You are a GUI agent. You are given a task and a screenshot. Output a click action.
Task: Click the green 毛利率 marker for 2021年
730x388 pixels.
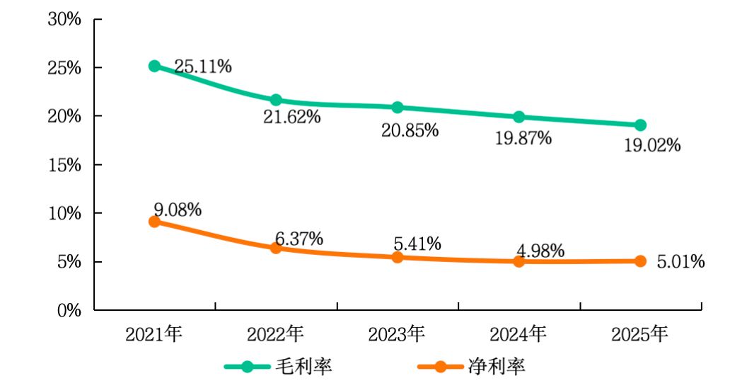point(154,66)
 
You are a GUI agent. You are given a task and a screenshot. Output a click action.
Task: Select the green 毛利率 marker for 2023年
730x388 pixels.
point(398,107)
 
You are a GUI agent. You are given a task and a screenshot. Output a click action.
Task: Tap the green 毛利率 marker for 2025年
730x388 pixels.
point(640,125)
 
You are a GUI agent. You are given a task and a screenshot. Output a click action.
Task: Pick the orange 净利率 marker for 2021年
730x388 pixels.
point(154,222)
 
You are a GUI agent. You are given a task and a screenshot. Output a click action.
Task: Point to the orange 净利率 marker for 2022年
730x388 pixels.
point(276,248)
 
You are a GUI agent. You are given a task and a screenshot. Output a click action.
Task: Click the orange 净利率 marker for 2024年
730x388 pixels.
point(518,261)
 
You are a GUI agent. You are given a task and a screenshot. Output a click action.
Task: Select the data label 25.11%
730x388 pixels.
point(203,67)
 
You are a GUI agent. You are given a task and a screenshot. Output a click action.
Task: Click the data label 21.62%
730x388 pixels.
point(291,117)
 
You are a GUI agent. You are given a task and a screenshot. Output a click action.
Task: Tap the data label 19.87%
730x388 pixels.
point(523,138)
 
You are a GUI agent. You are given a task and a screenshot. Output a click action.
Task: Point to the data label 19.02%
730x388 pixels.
point(651,146)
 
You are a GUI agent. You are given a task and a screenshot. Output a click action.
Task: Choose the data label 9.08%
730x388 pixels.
point(178,210)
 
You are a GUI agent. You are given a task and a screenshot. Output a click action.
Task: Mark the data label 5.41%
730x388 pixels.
point(417,244)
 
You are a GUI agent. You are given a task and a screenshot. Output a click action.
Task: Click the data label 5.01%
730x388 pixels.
point(680,262)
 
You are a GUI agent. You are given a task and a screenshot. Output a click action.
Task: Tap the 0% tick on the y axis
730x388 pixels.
point(69,310)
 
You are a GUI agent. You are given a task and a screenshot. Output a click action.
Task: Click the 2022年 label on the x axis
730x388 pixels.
point(276,333)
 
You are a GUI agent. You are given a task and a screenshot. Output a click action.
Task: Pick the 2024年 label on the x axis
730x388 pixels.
point(518,333)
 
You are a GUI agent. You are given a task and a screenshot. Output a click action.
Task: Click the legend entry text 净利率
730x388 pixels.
point(497,367)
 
